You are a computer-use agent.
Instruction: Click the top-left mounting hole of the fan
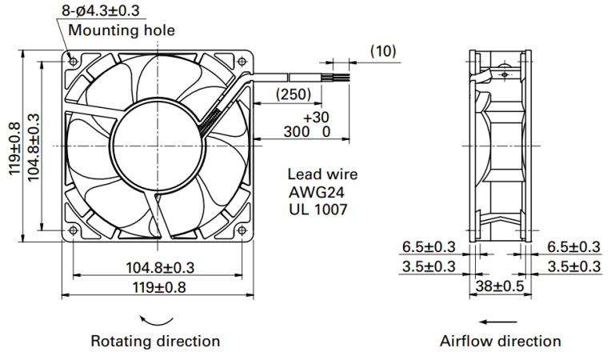(x=73, y=61)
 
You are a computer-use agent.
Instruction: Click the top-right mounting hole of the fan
(x=242, y=61)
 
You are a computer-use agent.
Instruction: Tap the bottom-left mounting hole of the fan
(x=73, y=230)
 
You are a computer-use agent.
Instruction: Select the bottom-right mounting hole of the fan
(x=242, y=230)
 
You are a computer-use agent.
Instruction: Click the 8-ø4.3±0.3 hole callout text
(x=101, y=10)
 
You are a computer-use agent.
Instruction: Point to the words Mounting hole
(x=122, y=30)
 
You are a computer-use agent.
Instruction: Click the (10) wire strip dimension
(x=383, y=51)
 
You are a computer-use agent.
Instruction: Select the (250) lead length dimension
(x=294, y=94)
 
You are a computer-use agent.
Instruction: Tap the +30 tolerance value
(x=316, y=118)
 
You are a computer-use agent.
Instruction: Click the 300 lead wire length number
(x=297, y=132)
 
